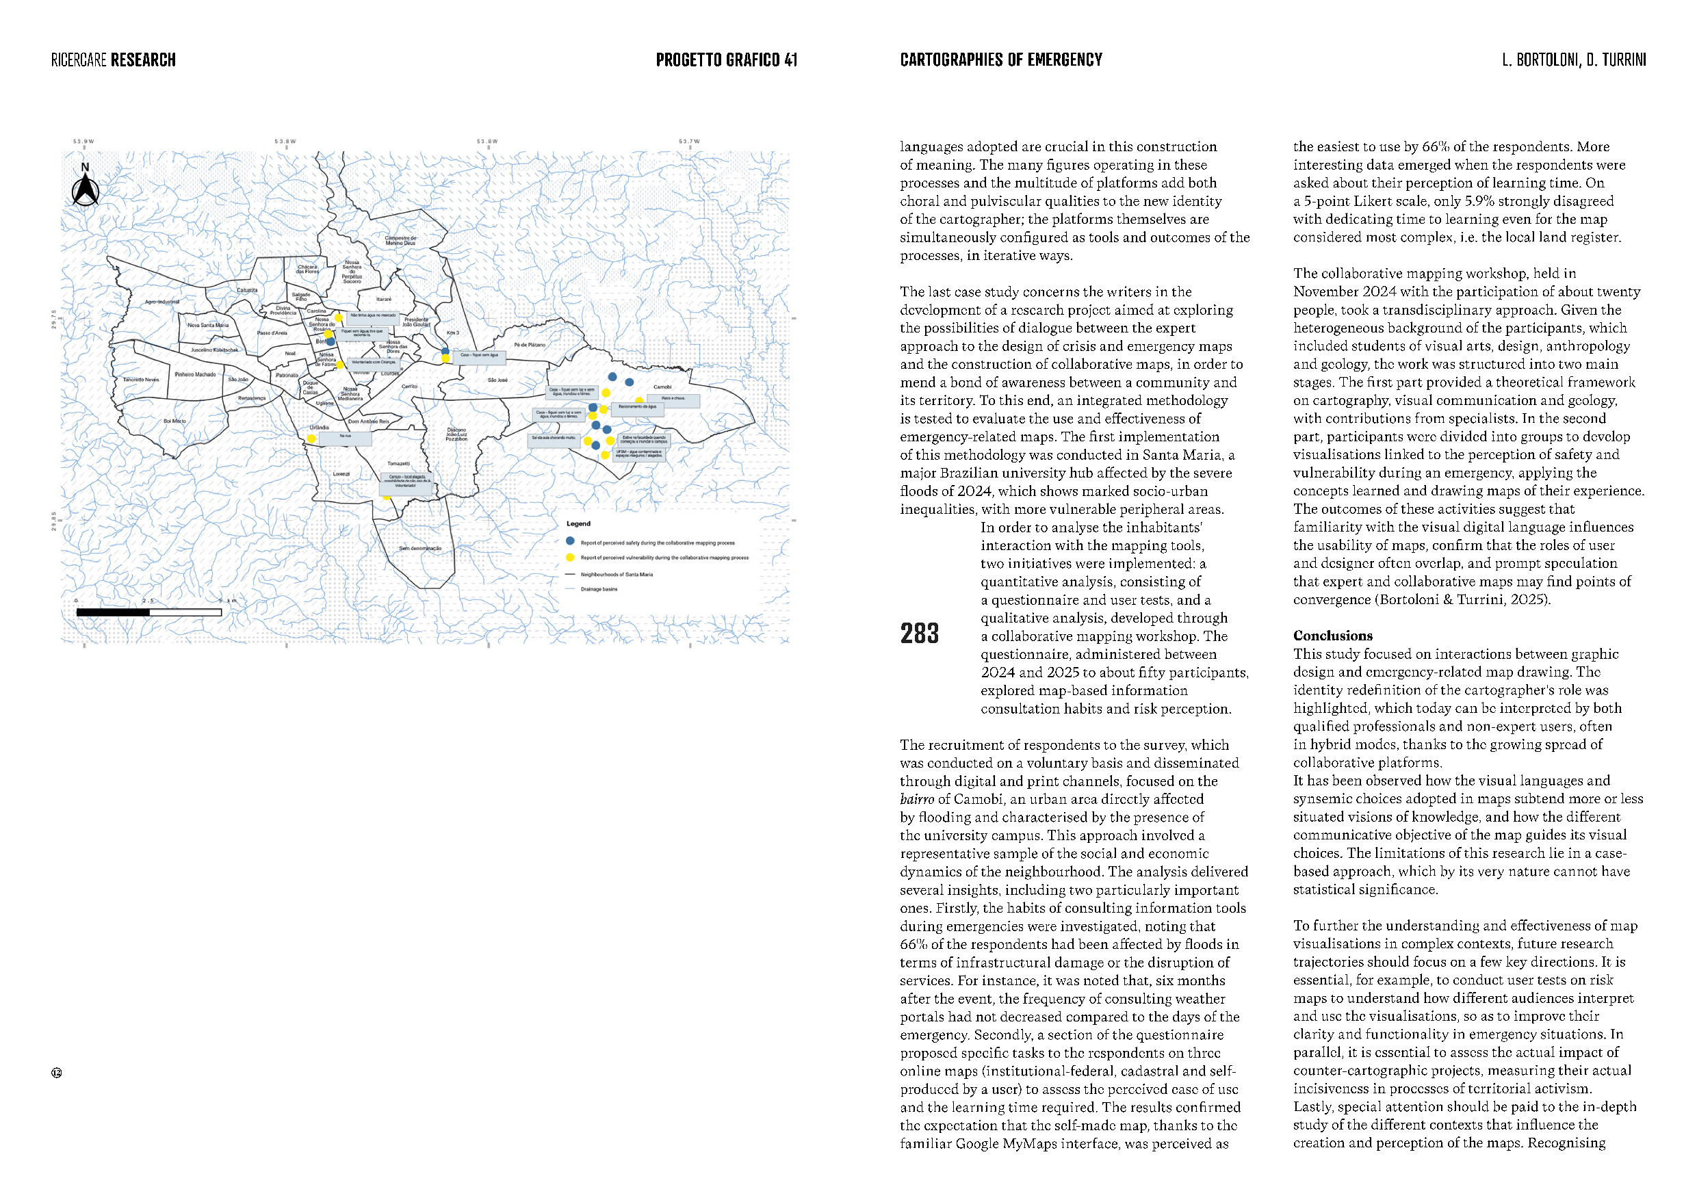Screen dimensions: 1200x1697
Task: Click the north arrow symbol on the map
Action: coord(86,189)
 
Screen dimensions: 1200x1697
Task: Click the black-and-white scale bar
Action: coord(148,612)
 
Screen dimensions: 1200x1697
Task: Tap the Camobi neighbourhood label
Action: coord(662,387)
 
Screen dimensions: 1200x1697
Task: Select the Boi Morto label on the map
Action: coord(174,421)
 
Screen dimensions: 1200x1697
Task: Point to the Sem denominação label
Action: coord(420,548)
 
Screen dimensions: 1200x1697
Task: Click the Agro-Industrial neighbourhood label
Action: coord(162,302)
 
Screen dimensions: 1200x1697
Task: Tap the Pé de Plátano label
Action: coord(529,345)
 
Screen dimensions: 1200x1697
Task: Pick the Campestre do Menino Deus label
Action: coord(400,240)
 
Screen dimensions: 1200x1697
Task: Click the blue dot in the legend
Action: coord(570,541)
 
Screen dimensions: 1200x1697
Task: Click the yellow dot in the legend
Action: coord(570,557)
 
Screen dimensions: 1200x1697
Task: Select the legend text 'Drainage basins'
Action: coord(599,589)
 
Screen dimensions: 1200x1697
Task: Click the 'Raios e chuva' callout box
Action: coord(673,399)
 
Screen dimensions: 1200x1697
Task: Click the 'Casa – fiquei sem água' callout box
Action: coord(479,356)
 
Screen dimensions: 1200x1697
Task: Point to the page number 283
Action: coord(919,634)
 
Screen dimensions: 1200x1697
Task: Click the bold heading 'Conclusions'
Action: coord(1332,636)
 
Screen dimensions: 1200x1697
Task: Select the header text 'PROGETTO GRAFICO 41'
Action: coord(726,60)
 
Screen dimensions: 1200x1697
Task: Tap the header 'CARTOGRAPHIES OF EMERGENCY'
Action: coord(1001,60)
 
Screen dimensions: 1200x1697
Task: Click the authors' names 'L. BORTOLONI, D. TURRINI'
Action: coord(1574,60)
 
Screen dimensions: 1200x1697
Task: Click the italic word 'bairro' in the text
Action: coord(916,799)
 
